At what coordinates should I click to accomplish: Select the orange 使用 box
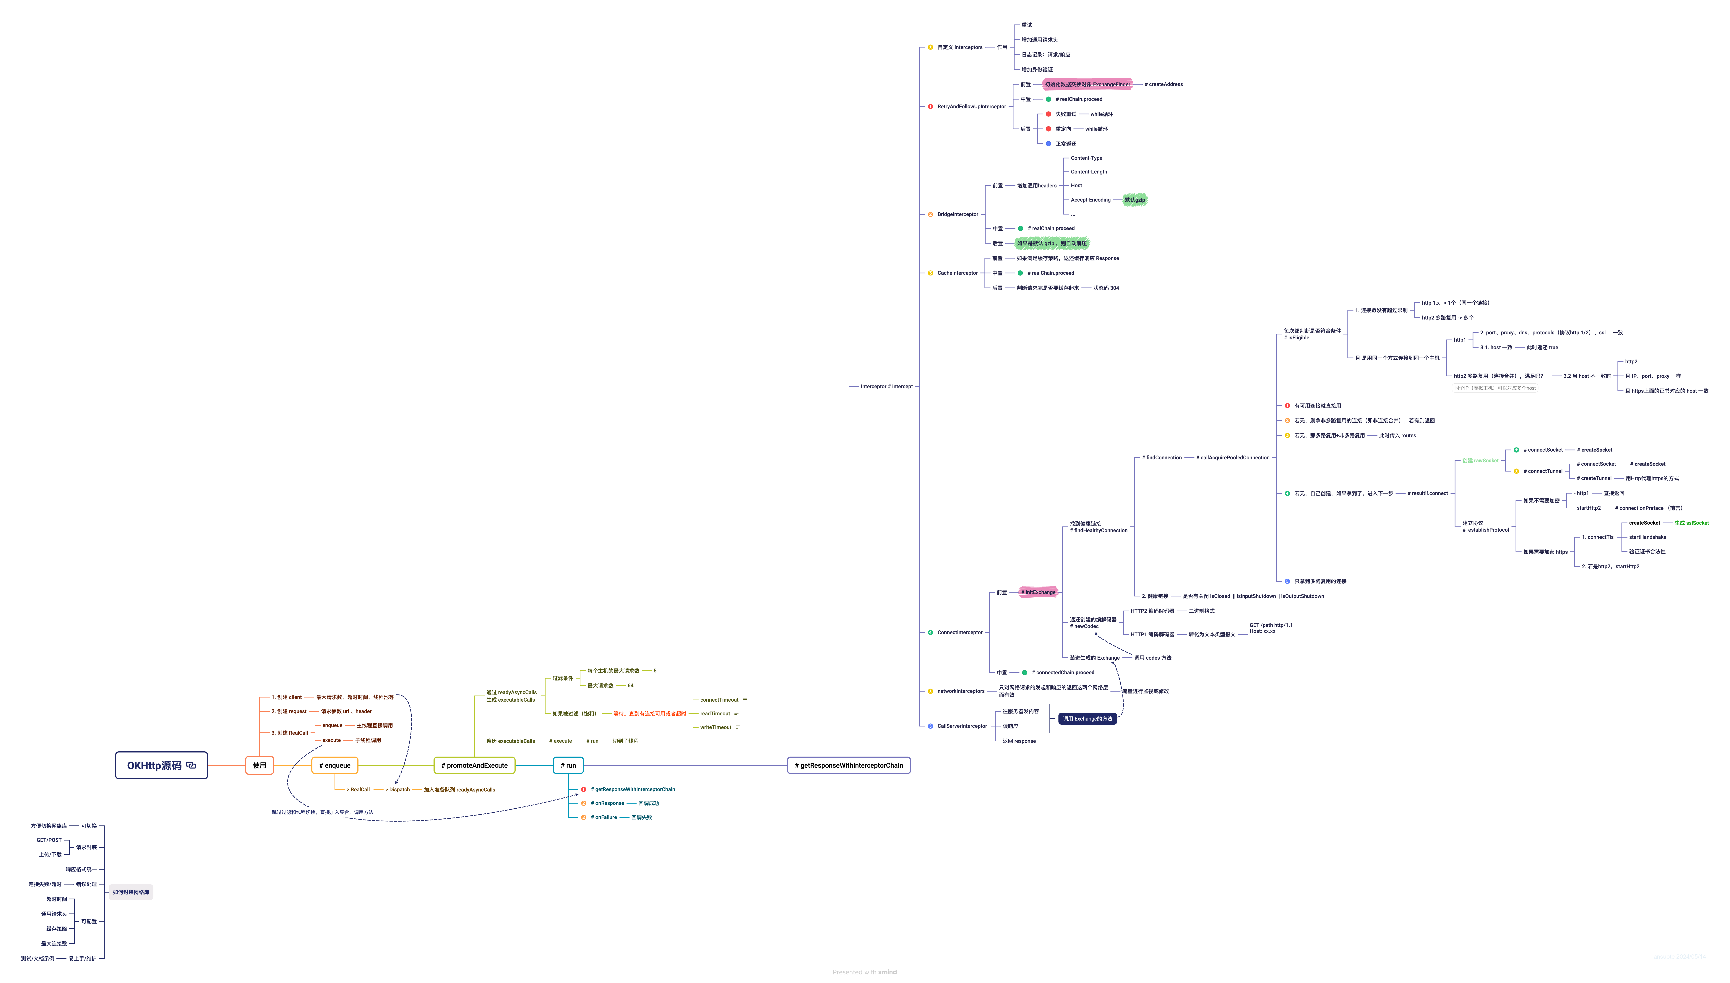click(259, 765)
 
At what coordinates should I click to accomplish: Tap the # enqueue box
click(335, 765)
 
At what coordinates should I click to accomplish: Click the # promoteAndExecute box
click(474, 765)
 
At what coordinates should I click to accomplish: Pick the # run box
click(568, 765)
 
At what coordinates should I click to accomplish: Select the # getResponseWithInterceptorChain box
click(848, 765)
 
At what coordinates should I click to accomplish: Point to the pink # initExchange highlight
click(1038, 592)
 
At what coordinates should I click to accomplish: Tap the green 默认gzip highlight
click(1135, 200)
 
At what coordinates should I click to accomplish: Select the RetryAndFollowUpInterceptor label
click(971, 107)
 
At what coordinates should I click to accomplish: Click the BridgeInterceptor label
click(957, 214)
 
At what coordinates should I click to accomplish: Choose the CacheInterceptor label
click(957, 273)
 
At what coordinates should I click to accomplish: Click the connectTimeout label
click(719, 699)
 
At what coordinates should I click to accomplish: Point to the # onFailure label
click(603, 817)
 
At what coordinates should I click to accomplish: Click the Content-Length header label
click(1089, 171)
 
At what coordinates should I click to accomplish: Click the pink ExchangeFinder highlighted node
click(1087, 84)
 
